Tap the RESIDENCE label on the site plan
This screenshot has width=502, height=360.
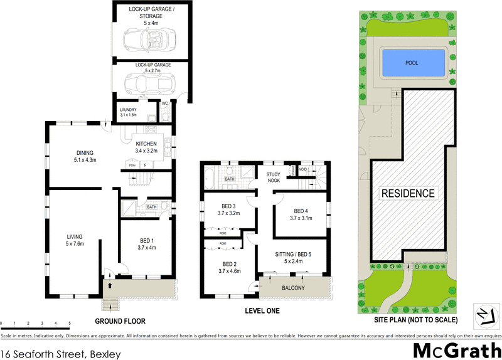pos(408,193)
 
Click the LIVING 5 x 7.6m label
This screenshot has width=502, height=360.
pos(75,240)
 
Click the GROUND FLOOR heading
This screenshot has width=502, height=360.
pos(120,321)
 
